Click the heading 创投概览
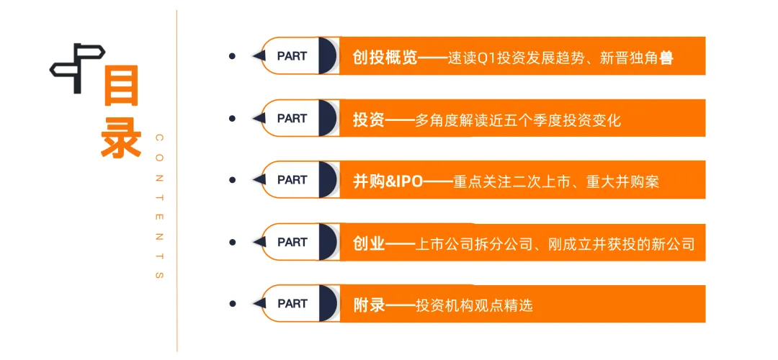[x=385, y=57]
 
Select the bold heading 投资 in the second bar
[x=369, y=119]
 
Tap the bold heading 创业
[x=369, y=243]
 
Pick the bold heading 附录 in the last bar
[x=369, y=305]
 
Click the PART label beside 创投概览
[x=292, y=56]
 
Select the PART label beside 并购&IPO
[x=292, y=180]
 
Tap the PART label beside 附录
[x=292, y=304]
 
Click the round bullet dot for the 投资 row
[x=232, y=118]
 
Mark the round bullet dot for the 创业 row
[x=232, y=242]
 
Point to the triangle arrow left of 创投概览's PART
[x=259, y=56]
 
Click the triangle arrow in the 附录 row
[x=259, y=304]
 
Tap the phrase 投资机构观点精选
[x=475, y=305]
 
